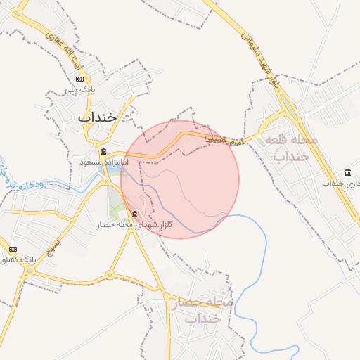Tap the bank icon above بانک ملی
79,78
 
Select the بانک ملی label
79,90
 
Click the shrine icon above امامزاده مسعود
103,151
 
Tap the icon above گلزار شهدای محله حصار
134,214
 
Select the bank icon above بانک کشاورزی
13,249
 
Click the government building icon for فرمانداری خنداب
348,172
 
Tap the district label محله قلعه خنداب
290,148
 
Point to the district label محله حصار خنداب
200,309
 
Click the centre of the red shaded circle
180,179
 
